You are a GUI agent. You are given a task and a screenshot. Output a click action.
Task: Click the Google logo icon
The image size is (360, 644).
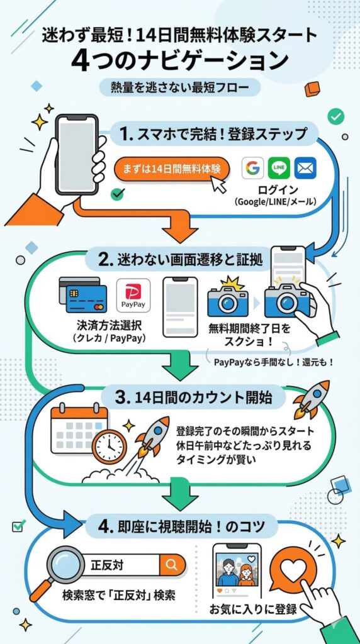pyautogui.click(x=252, y=168)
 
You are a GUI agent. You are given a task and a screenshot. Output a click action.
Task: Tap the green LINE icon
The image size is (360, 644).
pyautogui.click(x=279, y=168)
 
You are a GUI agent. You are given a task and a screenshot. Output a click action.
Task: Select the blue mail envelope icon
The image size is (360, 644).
pyautogui.click(x=305, y=168)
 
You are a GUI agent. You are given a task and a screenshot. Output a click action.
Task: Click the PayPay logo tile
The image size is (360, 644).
pyautogui.click(x=133, y=296)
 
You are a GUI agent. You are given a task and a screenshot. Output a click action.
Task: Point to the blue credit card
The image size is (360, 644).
pyautogui.click(x=86, y=299)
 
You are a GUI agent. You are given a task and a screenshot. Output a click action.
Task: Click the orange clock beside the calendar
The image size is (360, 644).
pyautogui.click(x=110, y=447)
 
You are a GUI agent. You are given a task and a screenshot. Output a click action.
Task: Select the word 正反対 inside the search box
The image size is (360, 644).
pyautogui.click(x=106, y=565)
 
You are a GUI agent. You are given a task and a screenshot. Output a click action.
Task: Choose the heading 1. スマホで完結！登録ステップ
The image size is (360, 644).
pyautogui.click(x=214, y=134)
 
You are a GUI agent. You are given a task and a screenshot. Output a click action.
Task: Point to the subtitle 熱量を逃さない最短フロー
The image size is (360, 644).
pyautogui.click(x=180, y=87)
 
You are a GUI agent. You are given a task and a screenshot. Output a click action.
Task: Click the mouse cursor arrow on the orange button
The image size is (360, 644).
pyautogui.click(x=218, y=183)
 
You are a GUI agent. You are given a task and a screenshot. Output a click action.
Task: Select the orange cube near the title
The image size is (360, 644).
pyautogui.click(x=312, y=89)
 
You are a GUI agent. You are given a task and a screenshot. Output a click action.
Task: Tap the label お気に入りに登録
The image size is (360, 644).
pyautogui.click(x=253, y=609)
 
